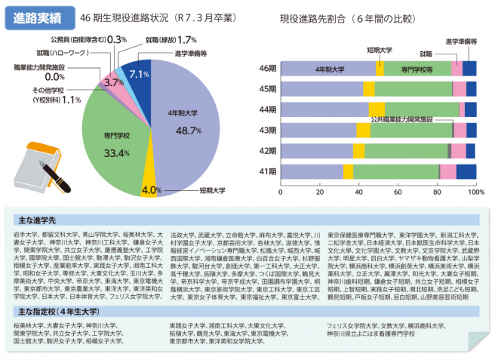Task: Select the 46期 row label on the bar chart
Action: click(268, 69)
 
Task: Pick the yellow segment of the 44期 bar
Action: click(377, 109)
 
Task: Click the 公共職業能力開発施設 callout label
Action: click(401, 120)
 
